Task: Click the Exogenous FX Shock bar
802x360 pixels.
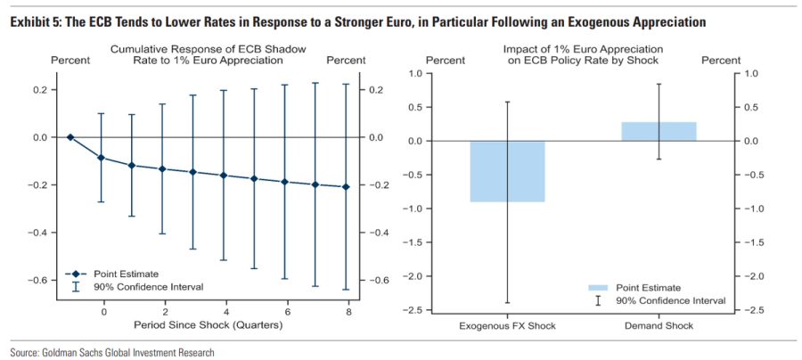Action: tap(507, 171)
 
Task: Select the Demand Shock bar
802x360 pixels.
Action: tap(659, 131)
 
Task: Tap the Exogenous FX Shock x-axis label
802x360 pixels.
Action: tap(507, 325)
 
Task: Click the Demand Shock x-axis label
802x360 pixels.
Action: tap(659, 325)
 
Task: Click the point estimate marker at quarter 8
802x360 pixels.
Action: tap(347, 187)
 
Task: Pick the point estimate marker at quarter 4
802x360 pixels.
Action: tap(225, 176)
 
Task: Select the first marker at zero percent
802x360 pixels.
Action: tap(70, 137)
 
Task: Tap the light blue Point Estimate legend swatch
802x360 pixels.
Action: tap(599, 288)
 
